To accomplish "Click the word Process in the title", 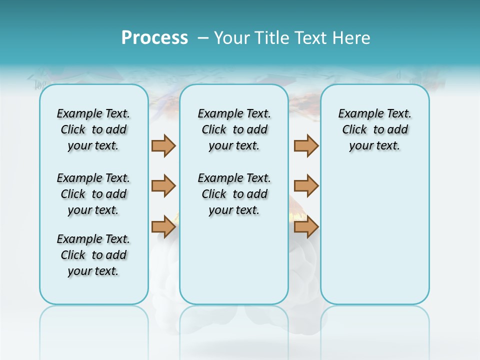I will [x=154, y=38].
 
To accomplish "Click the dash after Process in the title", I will [x=202, y=38].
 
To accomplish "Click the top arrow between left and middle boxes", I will [x=163, y=145].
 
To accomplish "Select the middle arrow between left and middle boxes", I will [x=163, y=186].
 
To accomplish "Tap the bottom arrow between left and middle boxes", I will [x=163, y=226].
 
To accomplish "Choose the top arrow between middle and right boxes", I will [x=306, y=145].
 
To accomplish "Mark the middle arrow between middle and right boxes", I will [x=306, y=186].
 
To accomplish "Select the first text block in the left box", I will [x=93, y=129].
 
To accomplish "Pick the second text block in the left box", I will [x=93, y=194].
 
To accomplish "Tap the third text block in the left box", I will [x=93, y=255].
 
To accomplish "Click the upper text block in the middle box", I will [x=234, y=129].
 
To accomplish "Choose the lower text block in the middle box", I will [x=234, y=194].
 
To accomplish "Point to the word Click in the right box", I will [x=354, y=130].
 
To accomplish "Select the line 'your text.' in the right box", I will [x=374, y=146].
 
